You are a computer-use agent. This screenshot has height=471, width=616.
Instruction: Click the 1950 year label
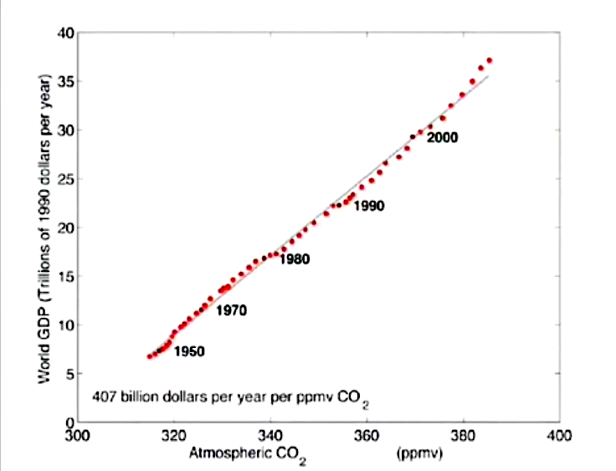click(189, 351)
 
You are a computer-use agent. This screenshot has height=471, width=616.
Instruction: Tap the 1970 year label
click(231, 310)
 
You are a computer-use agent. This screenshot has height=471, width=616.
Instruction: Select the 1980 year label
click(295, 259)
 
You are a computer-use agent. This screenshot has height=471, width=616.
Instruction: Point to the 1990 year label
click(368, 206)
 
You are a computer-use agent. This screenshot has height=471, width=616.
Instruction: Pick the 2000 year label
click(443, 138)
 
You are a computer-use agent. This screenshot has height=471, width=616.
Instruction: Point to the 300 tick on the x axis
click(77, 436)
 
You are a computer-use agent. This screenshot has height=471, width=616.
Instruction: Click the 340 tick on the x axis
click(270, 436)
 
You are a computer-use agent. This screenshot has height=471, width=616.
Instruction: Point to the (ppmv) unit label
click(418, 456)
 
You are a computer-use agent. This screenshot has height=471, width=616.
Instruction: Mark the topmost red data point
click(490, 60)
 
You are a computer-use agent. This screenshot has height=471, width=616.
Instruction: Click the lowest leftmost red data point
click(150, 356)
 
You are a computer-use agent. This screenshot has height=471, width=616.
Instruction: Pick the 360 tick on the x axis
click(367, 436)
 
